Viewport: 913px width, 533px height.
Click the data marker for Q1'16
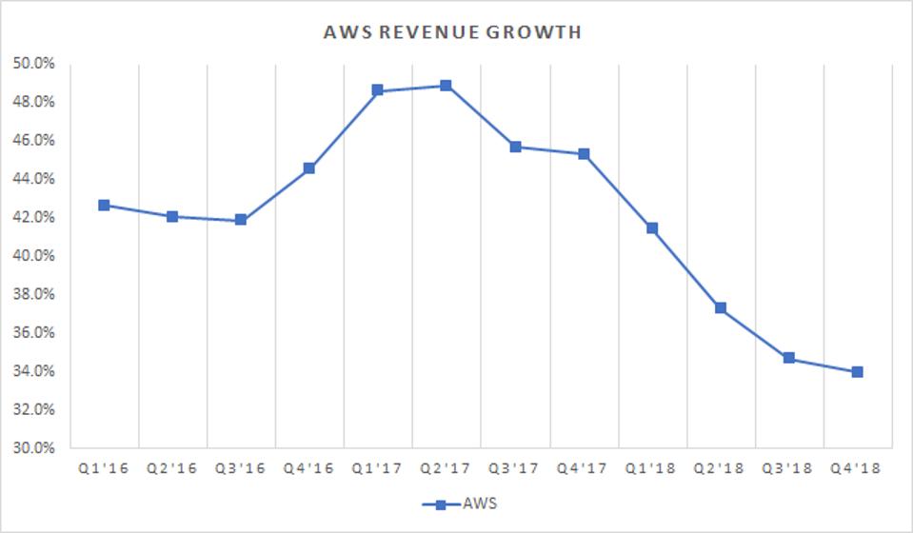coord(104,205)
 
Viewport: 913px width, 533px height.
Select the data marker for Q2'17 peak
coord(446,86)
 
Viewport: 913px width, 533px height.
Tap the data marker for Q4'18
coord(857,372)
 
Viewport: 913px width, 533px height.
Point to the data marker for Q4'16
coord(309,168)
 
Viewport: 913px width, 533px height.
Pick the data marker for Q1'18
coord(651,228)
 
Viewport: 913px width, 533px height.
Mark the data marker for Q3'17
coord(515,147)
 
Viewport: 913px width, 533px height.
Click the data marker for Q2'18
coord(720,308)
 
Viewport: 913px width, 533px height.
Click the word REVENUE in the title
coord(432,32)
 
